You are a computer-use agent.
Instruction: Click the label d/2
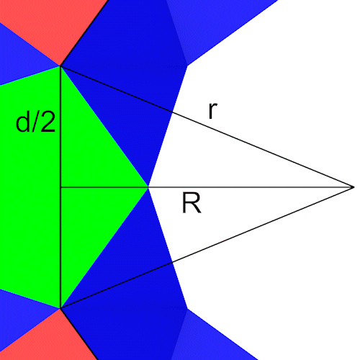pyautogui.click(x=35, y=122)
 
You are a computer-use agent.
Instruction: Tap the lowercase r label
pyautogui.click(x=212, y=111)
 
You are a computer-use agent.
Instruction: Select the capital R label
pyautogui.click(x=192, y=203)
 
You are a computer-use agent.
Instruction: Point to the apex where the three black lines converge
pyautogui.click(x=354, y=187)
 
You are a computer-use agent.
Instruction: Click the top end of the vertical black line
pyautogui.click(x=60, y=66)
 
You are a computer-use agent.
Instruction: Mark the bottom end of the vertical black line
pyautogui.click(x=60, y=308)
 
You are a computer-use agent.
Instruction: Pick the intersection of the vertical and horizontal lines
pyautogui.click(x=60, y=187)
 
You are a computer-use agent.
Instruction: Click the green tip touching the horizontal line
pyautogui.click(x=148, y=187)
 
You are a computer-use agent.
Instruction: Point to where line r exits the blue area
pyautogui.click(x=172, y=112)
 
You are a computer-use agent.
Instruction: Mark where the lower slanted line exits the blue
pyautogui.click(x=172, y=262)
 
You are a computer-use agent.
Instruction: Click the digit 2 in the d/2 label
pyautogui.click(x=48, y=122)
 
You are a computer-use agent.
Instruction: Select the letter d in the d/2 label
pyautogui.click(x=23, y=122)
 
